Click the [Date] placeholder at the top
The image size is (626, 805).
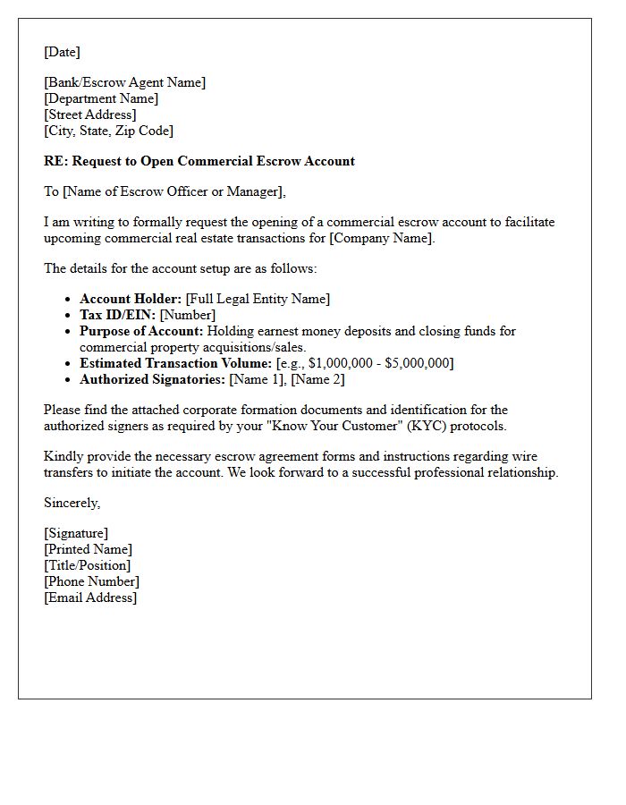62,52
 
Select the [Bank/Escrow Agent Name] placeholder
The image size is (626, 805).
124,82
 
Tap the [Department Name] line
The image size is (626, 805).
101,98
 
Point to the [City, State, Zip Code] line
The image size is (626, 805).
108,131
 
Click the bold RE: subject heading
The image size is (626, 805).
199,161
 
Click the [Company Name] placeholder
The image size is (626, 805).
382,238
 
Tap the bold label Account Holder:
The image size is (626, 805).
131,299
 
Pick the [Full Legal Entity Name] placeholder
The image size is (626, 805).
258,299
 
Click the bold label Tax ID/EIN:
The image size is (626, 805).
117,315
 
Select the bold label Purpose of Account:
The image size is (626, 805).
141,331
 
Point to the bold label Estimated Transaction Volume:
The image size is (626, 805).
175,363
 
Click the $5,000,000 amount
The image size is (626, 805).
417,363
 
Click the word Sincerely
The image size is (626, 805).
72,503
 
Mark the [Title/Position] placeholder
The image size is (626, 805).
87,565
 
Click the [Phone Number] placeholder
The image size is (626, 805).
91,581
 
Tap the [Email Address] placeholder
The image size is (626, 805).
90,597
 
